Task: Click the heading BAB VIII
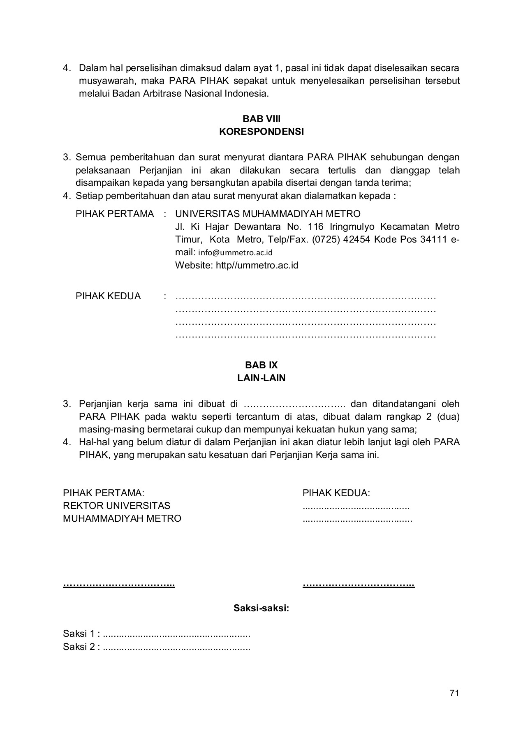coord(261,119)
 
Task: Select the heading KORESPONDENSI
coord(261,132)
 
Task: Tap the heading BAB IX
coord(261,365)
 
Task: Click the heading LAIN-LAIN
coord(261,378)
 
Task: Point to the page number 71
coord(454,693)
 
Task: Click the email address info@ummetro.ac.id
coord(236,252)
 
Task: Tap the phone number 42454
coord(357,239)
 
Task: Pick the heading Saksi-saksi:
coord(261,608)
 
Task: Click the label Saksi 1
coord(79,634)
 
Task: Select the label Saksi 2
coord(79,647)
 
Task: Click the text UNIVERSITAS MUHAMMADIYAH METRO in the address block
coord(268,214)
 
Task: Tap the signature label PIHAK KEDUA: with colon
coord(336,493)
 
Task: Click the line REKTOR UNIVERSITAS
coord(116,506)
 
